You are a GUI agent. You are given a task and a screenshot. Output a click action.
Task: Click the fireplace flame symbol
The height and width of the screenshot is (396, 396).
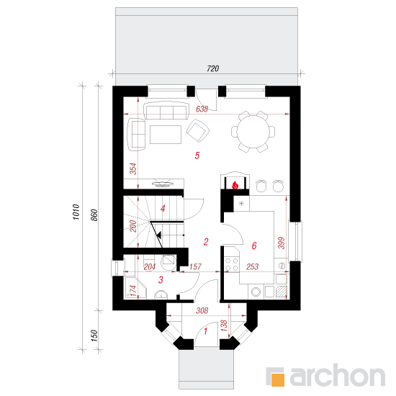235,185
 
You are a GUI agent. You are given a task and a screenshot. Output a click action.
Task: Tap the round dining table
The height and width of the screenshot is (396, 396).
253,131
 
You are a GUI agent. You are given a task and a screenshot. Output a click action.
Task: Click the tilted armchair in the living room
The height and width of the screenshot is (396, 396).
198,130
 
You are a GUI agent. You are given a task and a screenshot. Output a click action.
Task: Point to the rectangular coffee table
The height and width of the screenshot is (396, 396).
166,135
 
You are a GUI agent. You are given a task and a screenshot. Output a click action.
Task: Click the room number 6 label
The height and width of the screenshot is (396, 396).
254,246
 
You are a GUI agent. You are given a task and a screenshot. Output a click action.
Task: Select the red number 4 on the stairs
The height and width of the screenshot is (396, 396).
163,209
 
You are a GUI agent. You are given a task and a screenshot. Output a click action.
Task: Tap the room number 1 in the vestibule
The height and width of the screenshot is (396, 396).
206,331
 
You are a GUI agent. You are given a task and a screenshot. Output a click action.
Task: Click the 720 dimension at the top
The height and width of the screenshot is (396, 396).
212,68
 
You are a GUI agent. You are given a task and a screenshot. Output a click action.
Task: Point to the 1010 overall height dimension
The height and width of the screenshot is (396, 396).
76,212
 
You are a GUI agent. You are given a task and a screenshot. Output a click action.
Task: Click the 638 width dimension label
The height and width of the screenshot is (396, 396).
202,109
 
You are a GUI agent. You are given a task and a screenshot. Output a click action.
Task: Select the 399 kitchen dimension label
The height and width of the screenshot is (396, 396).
282,243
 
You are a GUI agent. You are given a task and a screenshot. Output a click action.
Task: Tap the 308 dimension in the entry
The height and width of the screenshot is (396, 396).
202,310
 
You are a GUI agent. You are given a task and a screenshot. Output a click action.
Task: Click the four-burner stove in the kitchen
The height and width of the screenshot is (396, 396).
232,264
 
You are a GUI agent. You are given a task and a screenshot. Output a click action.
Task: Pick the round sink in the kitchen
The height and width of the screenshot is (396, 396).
256,292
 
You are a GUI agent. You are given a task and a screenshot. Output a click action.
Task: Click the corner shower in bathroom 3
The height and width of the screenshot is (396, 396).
135,287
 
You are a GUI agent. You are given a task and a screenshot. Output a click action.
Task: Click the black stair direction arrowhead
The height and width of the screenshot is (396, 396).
159,235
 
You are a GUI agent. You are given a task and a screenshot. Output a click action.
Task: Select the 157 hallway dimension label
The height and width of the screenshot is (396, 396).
195,266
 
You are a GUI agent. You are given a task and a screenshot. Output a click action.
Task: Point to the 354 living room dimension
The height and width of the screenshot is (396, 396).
133,168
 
